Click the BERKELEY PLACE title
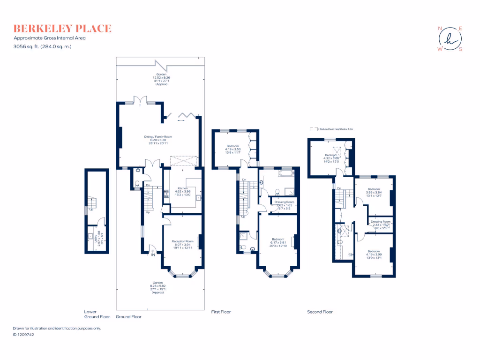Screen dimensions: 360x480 [x=62, y=29]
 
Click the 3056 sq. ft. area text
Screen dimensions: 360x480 [x=43, y=46]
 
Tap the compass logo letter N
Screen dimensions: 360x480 [x=440, y=29]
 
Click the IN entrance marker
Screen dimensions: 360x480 [x=152, y=255]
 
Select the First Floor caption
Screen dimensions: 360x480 [x=221, y=312]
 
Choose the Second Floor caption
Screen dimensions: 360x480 [x=320, y=312]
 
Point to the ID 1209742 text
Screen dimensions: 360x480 [x=23, y=335]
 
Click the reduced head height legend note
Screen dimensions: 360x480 [x=334, y=128]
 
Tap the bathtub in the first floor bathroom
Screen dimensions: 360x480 [x=285, y=173]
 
